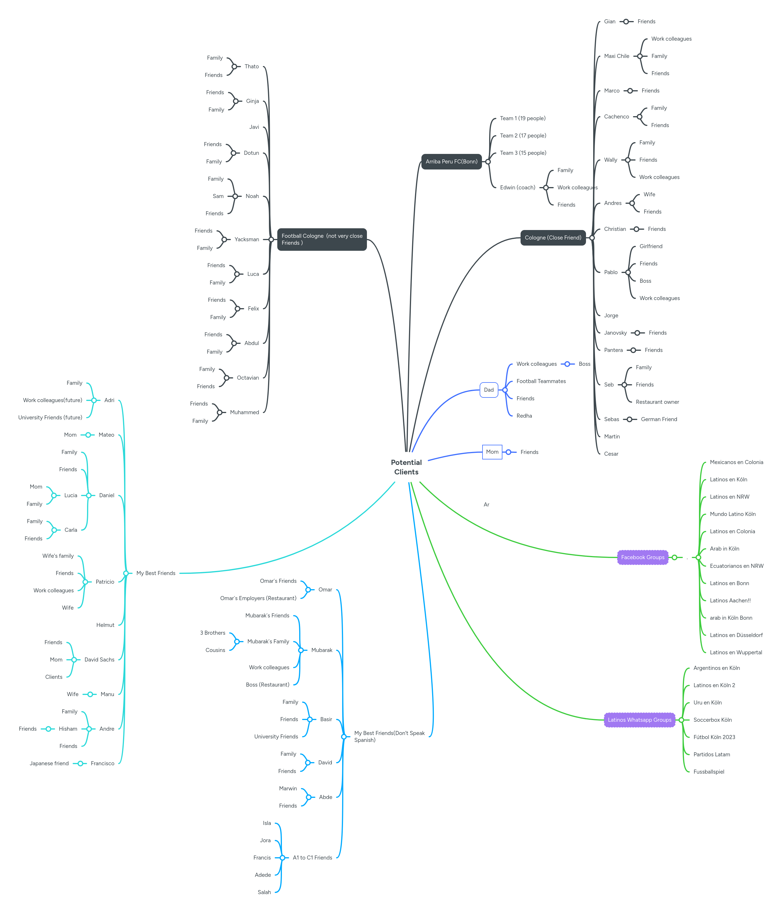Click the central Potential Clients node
pos(406,467)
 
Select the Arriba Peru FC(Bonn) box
pos(451,161)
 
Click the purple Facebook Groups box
pos(642,557)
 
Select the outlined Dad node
pos(488,390)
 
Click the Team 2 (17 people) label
pos(523,135)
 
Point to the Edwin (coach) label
pos(517,187)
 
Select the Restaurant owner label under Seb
pos(657,402)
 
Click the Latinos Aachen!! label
pos(730,600)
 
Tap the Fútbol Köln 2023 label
pos(714,737)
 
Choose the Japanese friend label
pos(49,763)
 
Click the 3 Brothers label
pos(213,633)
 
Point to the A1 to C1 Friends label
pos(312,858)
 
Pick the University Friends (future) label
pos(50,417)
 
